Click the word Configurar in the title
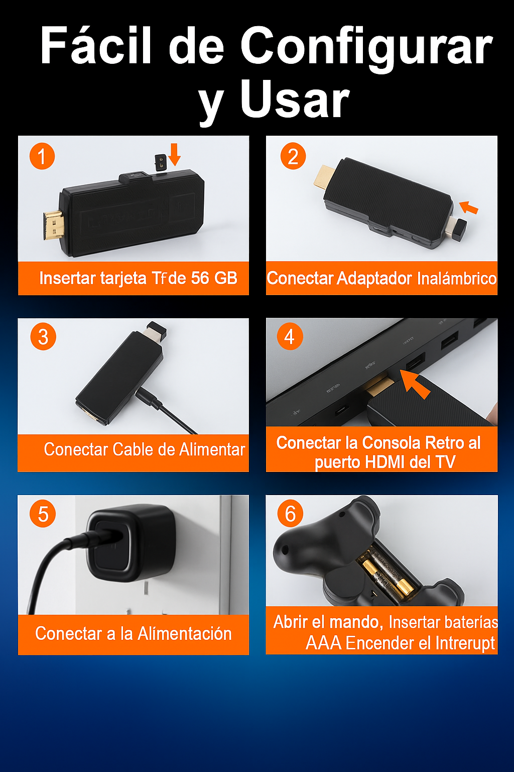click(x=366, y=48)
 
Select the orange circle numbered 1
click(x=42, y=156)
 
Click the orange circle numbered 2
click(x=293, y=156)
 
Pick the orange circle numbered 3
click(x=43, y=337)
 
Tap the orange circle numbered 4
click(x=290, y=336)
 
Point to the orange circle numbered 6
click(x=290, y=514)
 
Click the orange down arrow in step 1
click(x=175, y=154)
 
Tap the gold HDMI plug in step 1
click(x=54, y=225)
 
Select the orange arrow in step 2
click(x=468, y=208)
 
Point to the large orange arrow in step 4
click(x=415, y=383)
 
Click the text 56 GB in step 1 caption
click(x=214, y=278)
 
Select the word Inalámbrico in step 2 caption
click(x=456, y=278)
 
